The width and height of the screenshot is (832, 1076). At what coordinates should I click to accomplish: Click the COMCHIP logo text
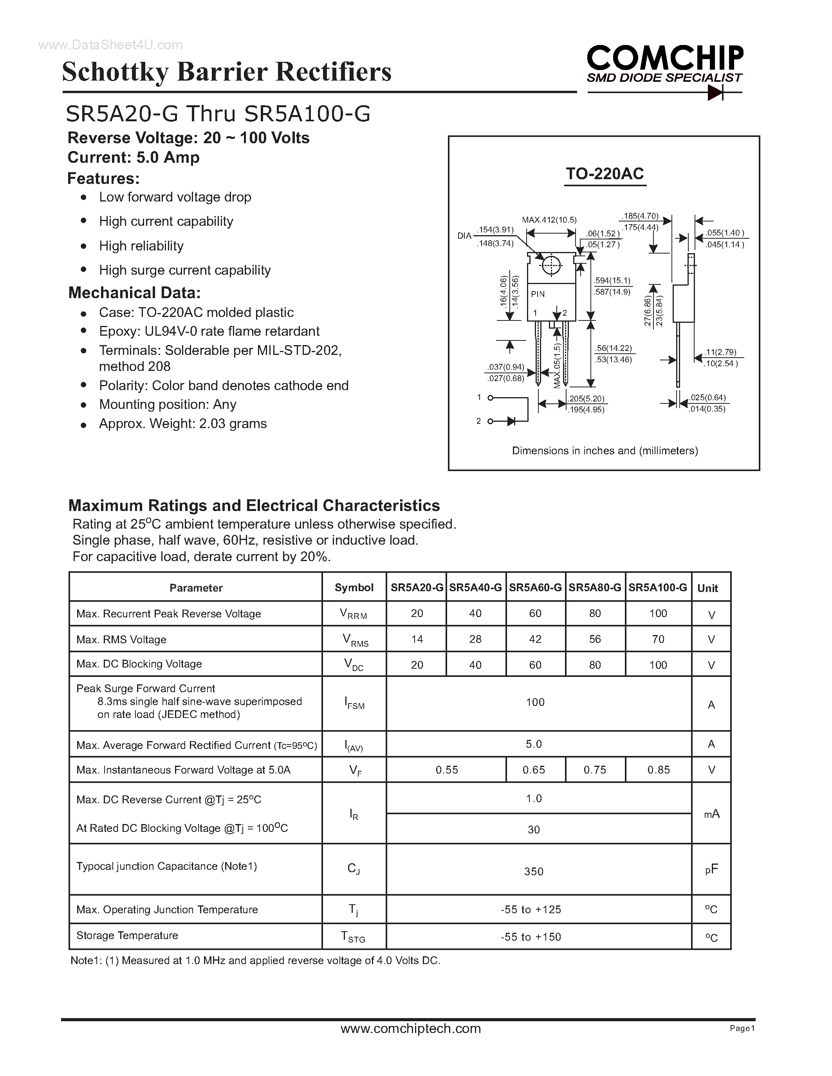665,58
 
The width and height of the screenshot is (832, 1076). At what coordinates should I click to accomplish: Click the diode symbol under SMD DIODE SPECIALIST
715,92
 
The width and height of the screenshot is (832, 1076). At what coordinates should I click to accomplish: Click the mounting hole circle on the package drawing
551,266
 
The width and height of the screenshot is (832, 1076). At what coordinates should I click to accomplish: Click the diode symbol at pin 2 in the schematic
511,421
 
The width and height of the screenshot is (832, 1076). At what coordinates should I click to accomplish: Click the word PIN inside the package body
538,294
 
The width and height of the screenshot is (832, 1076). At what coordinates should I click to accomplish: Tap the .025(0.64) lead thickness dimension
708,398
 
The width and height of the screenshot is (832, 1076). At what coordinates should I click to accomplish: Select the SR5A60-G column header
535,587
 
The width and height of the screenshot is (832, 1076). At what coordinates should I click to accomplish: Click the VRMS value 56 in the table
595,639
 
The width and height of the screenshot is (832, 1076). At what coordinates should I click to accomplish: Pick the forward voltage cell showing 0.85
659,770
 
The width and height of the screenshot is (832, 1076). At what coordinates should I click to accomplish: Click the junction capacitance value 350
534,871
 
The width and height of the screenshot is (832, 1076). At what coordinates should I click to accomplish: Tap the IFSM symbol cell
354,704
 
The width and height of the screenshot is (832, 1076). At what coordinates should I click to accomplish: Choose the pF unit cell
711,869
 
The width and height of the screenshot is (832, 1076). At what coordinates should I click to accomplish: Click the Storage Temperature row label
127,935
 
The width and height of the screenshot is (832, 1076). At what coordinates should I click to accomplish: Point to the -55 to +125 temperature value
531,909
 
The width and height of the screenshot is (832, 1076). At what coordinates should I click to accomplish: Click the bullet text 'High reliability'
141,246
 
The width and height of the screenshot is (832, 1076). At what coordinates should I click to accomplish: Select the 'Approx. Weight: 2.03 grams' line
183,424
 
